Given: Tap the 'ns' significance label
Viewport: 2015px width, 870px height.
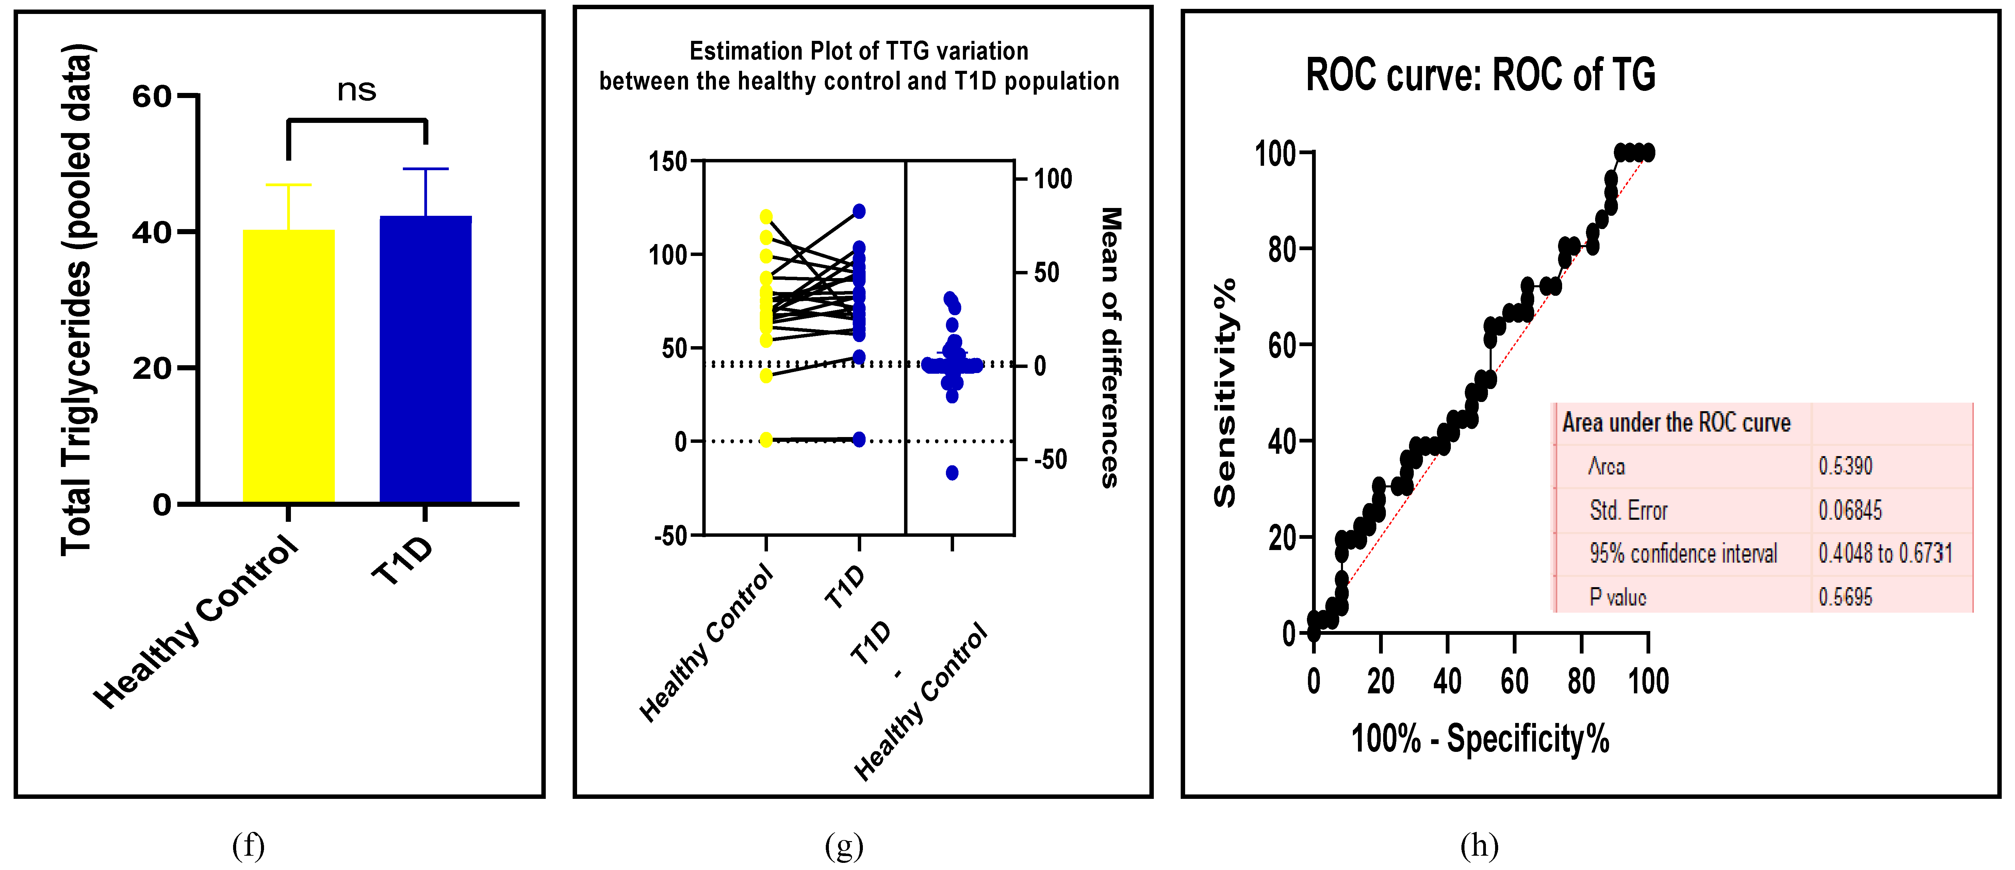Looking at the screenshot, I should (x=357, y=90).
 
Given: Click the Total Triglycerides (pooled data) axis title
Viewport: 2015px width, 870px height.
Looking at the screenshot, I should (x=77, y=300).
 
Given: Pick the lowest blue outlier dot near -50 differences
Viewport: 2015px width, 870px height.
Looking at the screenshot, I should (x=952, y=472).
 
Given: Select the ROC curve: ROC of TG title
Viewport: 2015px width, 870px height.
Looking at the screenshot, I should (x=1480, y=75).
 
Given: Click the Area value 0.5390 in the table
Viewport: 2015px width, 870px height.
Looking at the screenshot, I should (x=1845, y=466).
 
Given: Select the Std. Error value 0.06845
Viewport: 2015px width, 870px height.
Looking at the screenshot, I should (x=1850, y=510).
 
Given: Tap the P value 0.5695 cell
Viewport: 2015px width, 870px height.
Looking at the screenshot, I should (x=1845, y=597).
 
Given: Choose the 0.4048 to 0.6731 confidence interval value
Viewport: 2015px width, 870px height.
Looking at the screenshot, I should (x=1885, y=553).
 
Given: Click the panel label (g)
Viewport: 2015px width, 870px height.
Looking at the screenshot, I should (x=844, y=846).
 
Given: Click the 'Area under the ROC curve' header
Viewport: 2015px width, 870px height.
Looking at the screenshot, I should (x=1676, y=422).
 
